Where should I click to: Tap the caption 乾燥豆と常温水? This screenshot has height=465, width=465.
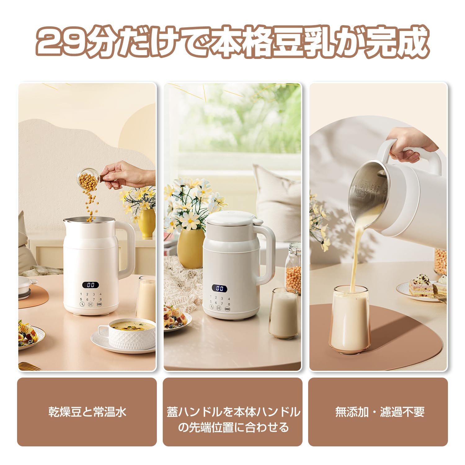click(87, 412)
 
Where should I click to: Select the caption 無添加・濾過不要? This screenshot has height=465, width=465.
click(379, 412)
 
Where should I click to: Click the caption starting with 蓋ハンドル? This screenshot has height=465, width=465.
click(233, 419)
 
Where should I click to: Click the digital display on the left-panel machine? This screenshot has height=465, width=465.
click(91, 285)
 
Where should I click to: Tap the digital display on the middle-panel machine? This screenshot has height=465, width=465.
click(219, 288)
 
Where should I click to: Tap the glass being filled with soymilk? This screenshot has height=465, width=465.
click(351, 321)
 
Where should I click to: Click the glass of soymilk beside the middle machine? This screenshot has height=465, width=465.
click(284, 313)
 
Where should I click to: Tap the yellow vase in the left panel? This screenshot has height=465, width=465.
click(147, 223)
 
